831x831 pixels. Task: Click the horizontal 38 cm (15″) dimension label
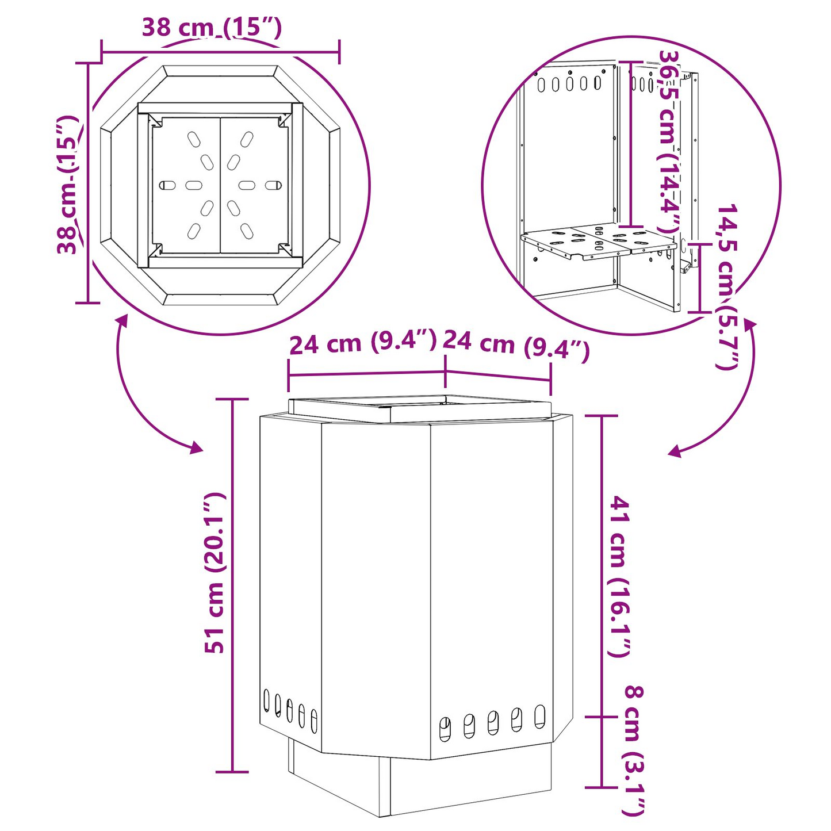212,28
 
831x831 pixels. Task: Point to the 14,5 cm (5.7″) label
727,287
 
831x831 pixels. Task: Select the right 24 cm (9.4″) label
516,345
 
